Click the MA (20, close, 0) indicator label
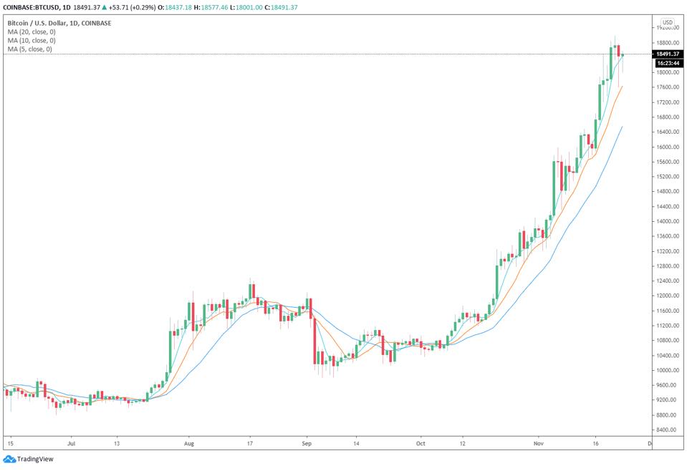[x=32, y=31]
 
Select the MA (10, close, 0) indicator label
[x=32, y=40]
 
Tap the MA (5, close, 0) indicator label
[x=29, y=49]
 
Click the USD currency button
[x=668, y=22]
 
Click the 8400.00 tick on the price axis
[x=668, y=429]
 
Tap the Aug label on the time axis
[x=188, y=444]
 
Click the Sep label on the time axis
[x=307, y=444]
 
